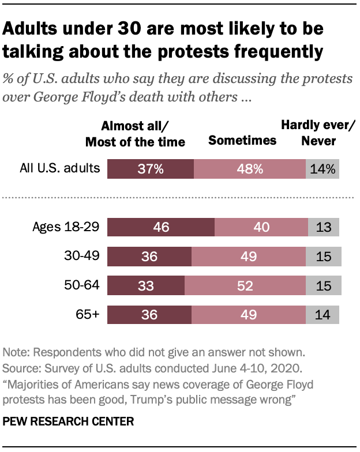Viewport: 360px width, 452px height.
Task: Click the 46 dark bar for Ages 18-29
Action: coord(161,227)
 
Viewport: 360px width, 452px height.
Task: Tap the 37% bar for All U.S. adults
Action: coord(151,169)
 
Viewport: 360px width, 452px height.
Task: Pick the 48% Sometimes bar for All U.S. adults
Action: coord(250,169)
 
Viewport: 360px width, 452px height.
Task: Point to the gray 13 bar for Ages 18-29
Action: coord(324,227)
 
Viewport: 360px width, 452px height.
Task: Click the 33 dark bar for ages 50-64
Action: coord(146,285)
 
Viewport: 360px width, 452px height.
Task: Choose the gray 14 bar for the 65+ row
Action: coord(323,315)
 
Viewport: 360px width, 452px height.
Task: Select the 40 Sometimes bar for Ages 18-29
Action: coord(261,227)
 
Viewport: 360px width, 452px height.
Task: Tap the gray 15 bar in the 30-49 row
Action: coord(324,257)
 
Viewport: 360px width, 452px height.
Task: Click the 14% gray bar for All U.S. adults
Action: coord(322,169)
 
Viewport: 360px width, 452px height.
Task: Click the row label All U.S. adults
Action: coord(61,169)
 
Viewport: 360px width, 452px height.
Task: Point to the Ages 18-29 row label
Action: coord(67,227)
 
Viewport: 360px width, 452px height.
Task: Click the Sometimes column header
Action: coord(242,140)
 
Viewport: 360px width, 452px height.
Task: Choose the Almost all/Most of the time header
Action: coord(144,133)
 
